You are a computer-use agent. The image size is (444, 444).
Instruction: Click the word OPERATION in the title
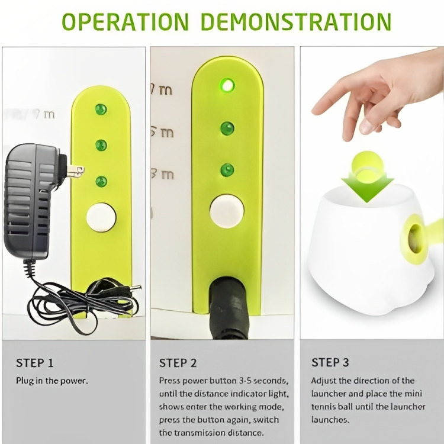point(125,22)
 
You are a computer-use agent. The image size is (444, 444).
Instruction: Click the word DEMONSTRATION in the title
point(295,22)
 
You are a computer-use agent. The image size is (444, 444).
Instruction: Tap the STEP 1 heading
point(34,363)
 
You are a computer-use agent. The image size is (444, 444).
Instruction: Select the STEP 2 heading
point(178,363)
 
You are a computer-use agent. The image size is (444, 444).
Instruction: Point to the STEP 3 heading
point(330,362)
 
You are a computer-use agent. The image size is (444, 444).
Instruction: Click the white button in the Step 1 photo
point(101,217)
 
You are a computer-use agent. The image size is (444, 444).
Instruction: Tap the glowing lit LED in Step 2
point(227,85)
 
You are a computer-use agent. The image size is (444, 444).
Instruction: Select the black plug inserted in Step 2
point(229,307)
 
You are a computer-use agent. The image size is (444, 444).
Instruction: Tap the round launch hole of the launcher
point(415,239)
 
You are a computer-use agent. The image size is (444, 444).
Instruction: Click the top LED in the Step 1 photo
point(101,110)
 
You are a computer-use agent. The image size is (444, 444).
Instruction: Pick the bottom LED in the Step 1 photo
point(101,181)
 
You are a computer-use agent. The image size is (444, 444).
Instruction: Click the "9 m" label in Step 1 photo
point(43,114)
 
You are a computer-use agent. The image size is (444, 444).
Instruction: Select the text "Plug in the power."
point(52,381)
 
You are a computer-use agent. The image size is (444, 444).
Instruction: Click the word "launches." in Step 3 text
point(330,419)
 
